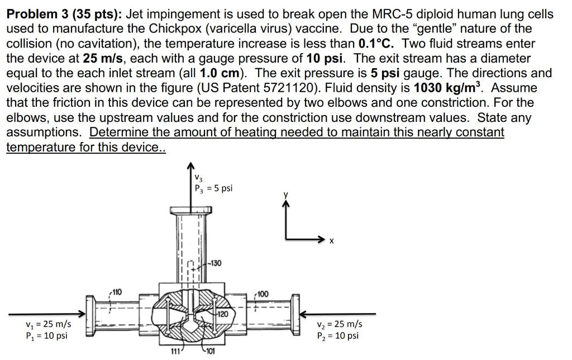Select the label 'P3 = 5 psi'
click(213, 188)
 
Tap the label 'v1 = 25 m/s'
click(47, 324)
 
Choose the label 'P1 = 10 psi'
click(46, 336)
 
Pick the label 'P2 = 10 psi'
click(338, 336)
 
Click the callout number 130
click(214, 263)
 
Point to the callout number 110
click(117, 291)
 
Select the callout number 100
click(263, 293)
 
